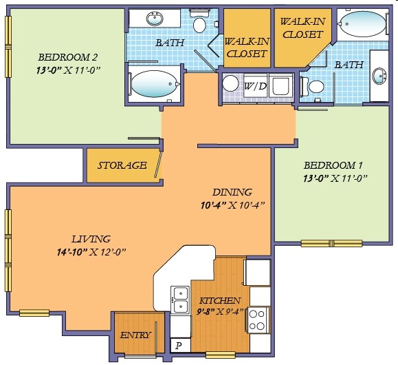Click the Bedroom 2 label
point(67,57)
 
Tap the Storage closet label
point(122,165)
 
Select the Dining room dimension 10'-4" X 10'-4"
point(233,205)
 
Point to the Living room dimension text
point(91,252)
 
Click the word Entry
point(135,335)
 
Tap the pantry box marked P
point(180,346)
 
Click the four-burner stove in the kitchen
point(258,320)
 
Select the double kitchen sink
point(180,300)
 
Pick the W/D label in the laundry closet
point(255,87)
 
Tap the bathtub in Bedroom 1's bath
point(363,23)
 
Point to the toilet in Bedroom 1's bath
point(312,87)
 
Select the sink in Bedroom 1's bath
point(379,76)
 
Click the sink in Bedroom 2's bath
point(155,19)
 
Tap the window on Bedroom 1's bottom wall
point(331,243)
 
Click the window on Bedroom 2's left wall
point(8,47)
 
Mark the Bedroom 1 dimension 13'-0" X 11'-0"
point(335,178)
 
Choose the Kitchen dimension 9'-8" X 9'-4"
point(220,311)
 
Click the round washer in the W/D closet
point(230,83)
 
